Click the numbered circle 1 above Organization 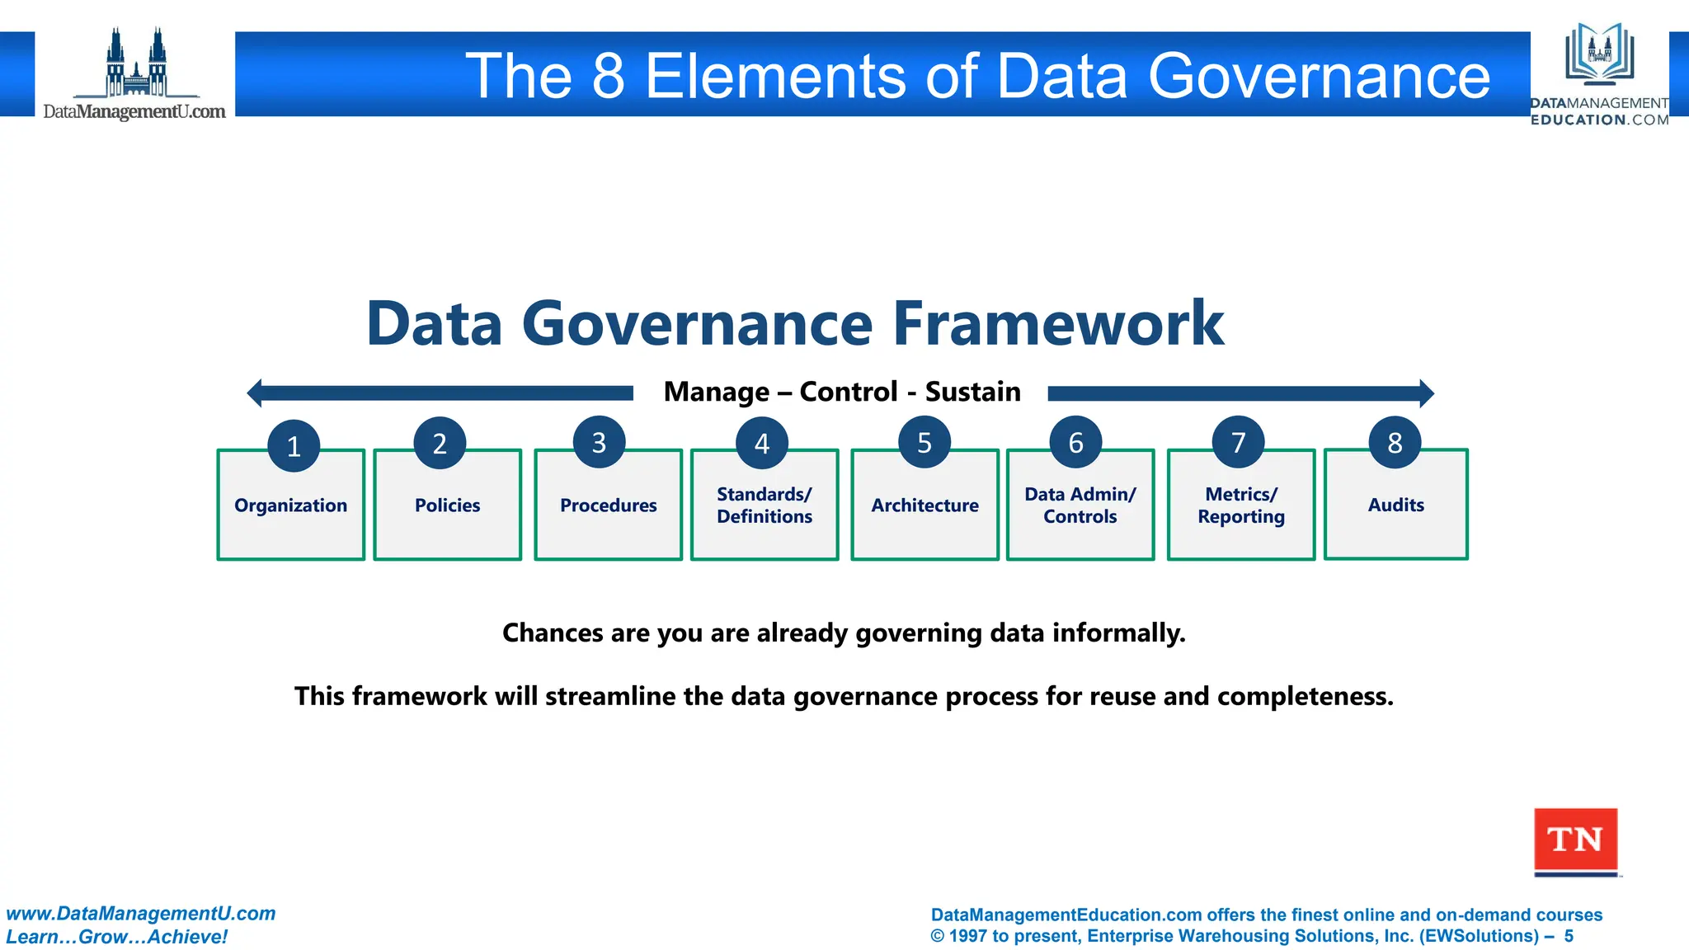click(x=294, y=446)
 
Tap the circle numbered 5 click(x=924, y=443)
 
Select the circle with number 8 click(x=1395, y=443)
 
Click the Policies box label click(x=447, y=506)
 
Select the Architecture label click(x=924, y=506)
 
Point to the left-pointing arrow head click(x=255, y=393)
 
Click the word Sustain click(x=972, y=392)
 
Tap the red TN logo click(x=1575, y=840)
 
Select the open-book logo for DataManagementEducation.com click(x=1600, y=54)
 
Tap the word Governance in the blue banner click(x=1319, y=76)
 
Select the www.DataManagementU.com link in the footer click(x=141, y=914)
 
